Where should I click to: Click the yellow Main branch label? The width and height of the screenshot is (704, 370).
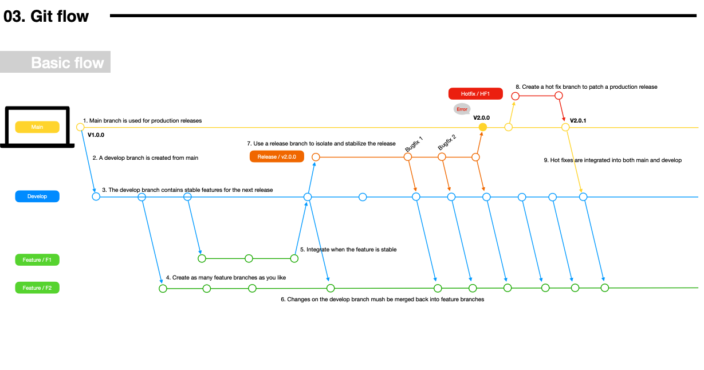37,127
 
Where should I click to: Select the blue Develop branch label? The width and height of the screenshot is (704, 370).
37,196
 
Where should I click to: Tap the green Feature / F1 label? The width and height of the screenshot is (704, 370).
37,259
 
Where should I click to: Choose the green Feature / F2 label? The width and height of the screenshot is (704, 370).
37,288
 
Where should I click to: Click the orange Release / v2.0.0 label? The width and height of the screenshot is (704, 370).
277,156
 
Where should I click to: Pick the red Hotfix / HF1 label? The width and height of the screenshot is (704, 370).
475,94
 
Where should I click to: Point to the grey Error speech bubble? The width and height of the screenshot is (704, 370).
462,109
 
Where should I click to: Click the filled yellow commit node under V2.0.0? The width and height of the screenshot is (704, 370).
483,127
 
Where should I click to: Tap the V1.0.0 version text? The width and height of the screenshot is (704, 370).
96,135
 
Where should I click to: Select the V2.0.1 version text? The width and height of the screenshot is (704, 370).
577,120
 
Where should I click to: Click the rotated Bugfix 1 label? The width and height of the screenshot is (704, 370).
414,144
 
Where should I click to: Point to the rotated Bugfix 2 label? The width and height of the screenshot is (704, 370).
447,142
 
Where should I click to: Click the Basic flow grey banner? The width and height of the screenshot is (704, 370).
55,62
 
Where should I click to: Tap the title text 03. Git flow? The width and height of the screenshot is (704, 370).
46,16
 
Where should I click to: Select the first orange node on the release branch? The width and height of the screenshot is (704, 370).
316,157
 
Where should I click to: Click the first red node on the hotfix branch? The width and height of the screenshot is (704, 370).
515,96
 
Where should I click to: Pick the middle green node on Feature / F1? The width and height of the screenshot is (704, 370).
249,258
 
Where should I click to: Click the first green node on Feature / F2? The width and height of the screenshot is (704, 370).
163,288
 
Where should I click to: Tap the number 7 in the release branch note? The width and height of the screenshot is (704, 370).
249,143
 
